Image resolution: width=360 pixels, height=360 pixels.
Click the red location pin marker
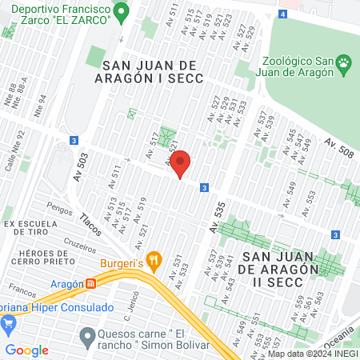click(182, 164)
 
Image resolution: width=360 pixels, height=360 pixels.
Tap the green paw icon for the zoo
click(343, 62)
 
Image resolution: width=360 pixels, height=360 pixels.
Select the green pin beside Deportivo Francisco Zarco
click(121, 12)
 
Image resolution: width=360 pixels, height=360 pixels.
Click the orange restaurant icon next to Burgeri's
click(154, 260)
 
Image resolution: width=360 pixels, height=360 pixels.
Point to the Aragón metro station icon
click(91, 283)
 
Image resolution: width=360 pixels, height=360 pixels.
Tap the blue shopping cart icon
click(10, 323)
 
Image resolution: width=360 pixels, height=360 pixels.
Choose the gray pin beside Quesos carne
click(87, 334)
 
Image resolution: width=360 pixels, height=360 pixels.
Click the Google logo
click(27, 350)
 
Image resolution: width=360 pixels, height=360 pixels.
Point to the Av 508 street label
click(338, 148)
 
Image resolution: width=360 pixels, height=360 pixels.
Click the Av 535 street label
click(217, 217)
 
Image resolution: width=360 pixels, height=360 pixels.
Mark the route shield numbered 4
click(282, 14)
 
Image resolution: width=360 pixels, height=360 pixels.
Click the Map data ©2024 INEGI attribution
click(312, 354)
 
